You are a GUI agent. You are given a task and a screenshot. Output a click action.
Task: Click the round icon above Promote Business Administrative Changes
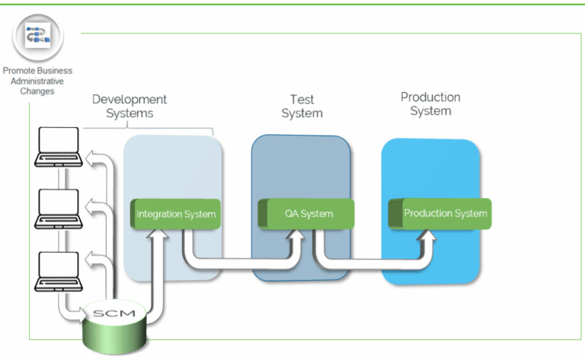click(37, 38)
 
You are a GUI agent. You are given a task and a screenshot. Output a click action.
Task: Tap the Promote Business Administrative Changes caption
click(38, 81)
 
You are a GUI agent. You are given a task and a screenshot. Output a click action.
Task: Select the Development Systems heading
click(129, 107)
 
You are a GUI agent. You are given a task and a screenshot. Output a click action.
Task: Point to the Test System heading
click(302, 107)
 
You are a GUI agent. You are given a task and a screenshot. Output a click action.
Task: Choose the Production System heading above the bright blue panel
click(430, 104)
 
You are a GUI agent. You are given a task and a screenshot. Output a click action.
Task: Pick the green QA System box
click(306, 214)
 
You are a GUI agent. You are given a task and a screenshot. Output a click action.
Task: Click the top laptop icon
click(59, 148)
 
